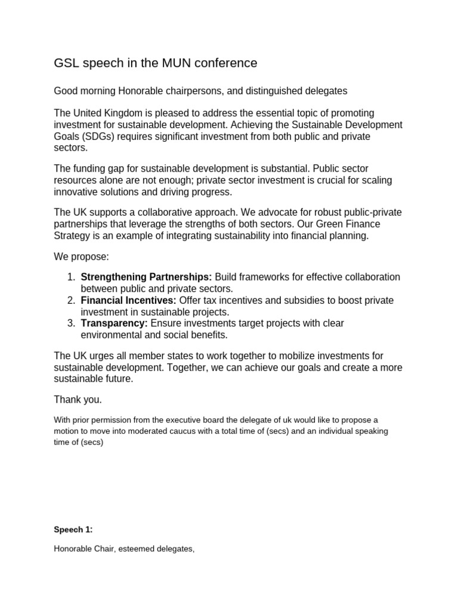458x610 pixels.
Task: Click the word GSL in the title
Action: click(x=67, y=63)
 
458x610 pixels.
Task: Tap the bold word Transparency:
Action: click(x=114, y=323)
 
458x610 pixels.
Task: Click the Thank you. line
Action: click(x=78, y=399)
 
